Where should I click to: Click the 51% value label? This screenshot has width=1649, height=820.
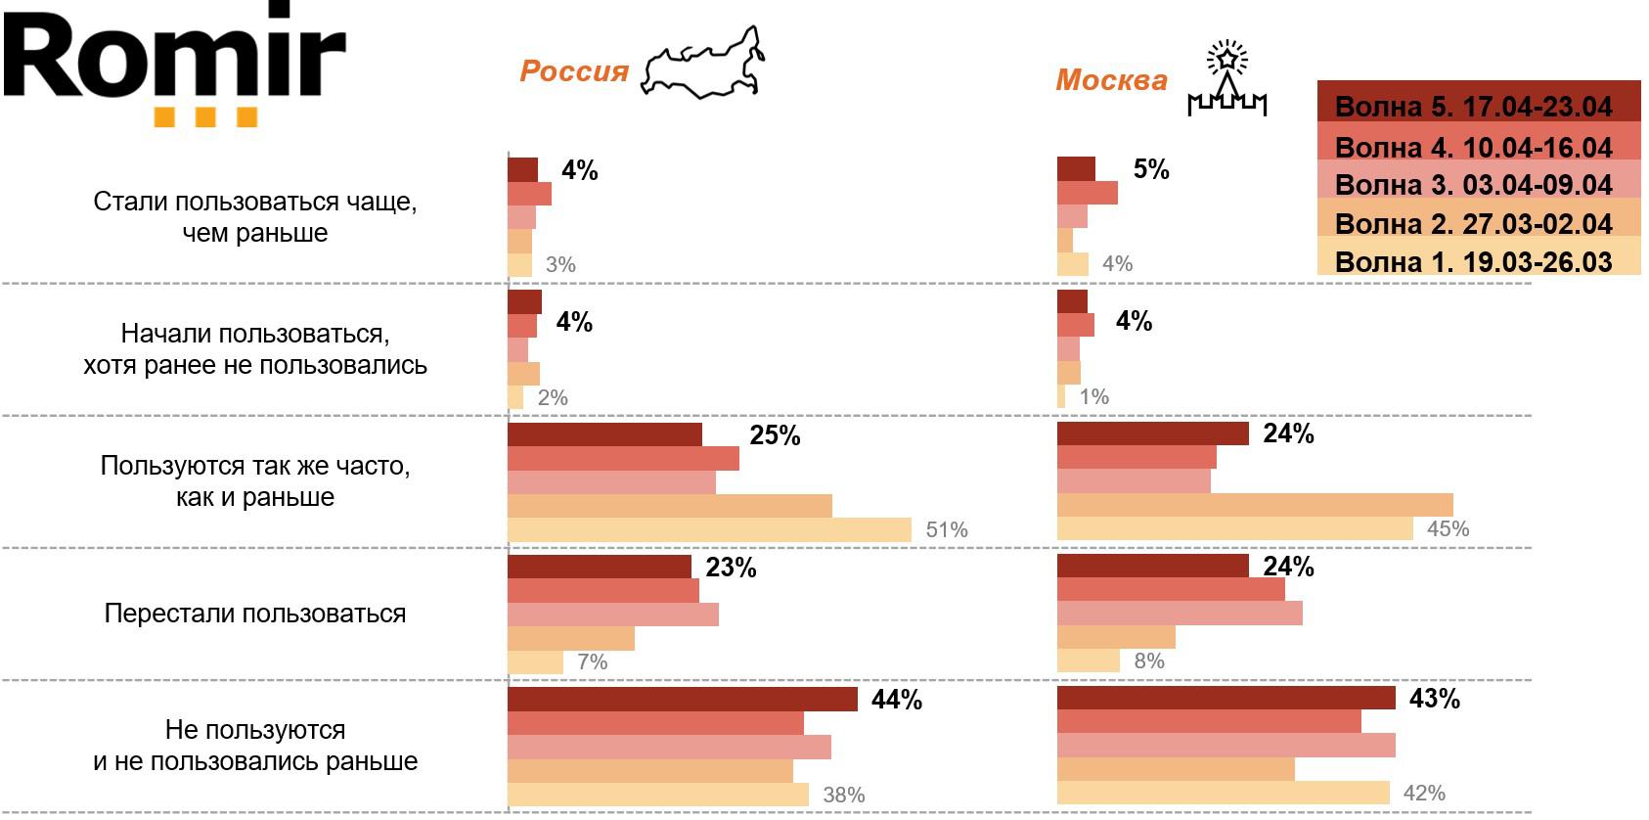(x=947, y=530)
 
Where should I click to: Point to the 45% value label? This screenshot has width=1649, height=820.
(x=1448, y=529)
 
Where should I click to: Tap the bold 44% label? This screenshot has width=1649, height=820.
(x=896, y=700)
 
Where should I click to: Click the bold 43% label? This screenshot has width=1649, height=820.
(x=1434, y=699)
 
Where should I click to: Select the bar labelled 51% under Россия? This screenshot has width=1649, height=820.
(x=709, y=530)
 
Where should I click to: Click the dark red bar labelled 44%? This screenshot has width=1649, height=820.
(x=683, y=699)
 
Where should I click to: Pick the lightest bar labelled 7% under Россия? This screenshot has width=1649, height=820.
(x=535, y=662)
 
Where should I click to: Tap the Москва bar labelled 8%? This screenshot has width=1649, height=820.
(x=1088, y=661)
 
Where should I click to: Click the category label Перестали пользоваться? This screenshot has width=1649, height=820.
(x=255, y=614)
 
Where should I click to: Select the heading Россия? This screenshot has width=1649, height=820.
(x=574, y=71)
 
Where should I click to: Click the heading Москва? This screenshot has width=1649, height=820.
(x=1111, y=80)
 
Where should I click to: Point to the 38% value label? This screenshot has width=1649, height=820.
(x=843, y=795)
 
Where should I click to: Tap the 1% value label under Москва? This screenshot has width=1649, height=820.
(x=1093, y=397)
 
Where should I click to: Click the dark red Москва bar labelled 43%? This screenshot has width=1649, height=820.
(x=1226, y=698)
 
